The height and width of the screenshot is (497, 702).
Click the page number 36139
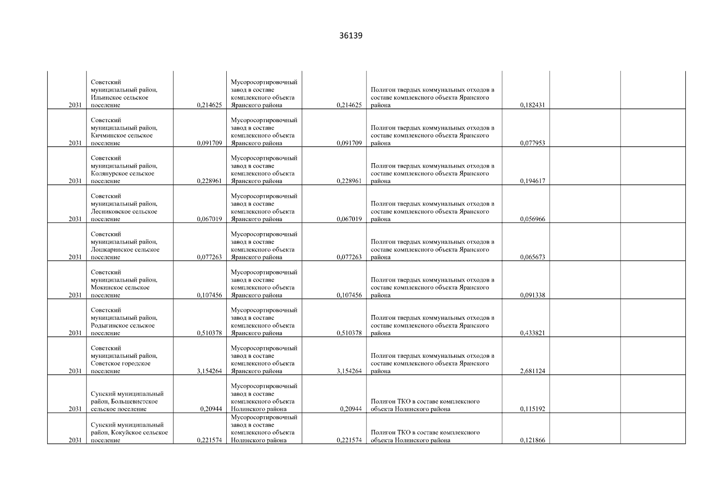click(x=350, y=36)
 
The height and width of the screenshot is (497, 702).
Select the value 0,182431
click(x=532, y=105)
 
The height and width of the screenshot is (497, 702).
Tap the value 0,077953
click(x=532, y=143)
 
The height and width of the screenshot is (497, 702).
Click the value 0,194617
click(x=532, y=181)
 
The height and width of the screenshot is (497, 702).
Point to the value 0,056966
click(x=532, y=219)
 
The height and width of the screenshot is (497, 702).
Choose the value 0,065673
click(x=532, y=257)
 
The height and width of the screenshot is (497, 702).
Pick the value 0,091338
click(x=532, y=295)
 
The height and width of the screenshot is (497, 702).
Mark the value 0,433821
click(x=532, y=333)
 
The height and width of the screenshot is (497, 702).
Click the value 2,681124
click(x=532, y=371)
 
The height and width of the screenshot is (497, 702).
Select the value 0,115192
click(x=532, y=409)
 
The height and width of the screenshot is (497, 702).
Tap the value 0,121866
click(x=532, y=440)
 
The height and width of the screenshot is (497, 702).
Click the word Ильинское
click(x=104, y=98)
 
